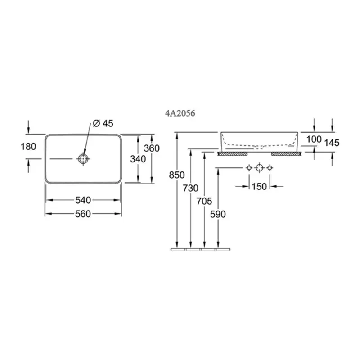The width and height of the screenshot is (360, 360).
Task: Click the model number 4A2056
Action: coord(180,113)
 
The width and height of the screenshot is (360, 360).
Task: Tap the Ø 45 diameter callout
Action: coord(103,123)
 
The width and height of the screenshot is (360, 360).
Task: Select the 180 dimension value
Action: coord(28,147)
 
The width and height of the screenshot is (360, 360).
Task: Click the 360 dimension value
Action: coord(152,148)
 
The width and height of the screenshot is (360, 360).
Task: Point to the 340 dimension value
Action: coord(138,159)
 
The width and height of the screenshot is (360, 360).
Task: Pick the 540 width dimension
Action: coord(83,200)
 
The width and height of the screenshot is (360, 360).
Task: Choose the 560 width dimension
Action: coord(83,214)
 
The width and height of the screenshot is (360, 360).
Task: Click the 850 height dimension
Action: coord(177,175)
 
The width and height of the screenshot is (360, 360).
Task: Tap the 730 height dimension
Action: coord(190,188)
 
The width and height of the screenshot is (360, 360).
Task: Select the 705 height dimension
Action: coord(204,201)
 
